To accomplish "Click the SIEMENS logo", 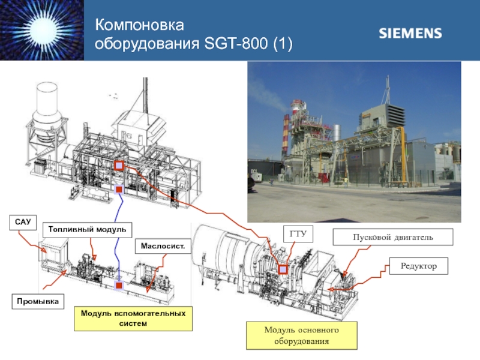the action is [x=410, y=33].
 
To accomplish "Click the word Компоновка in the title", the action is [x=142, y=25].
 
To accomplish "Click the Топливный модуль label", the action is [x=87, y=230].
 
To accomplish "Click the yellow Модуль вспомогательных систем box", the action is [x=133, y=319].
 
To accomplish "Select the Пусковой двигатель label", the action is [x=392, y=238].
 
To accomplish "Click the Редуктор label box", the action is [x=419, y=266].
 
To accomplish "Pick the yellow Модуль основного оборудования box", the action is [x=301, y=336].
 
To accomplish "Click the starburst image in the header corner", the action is [x=42, y=30].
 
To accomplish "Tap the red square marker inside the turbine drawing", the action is [x=283, y=269].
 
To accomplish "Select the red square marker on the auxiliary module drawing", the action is [x=119, y=286].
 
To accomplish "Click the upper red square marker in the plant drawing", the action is [x=119, y=166].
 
